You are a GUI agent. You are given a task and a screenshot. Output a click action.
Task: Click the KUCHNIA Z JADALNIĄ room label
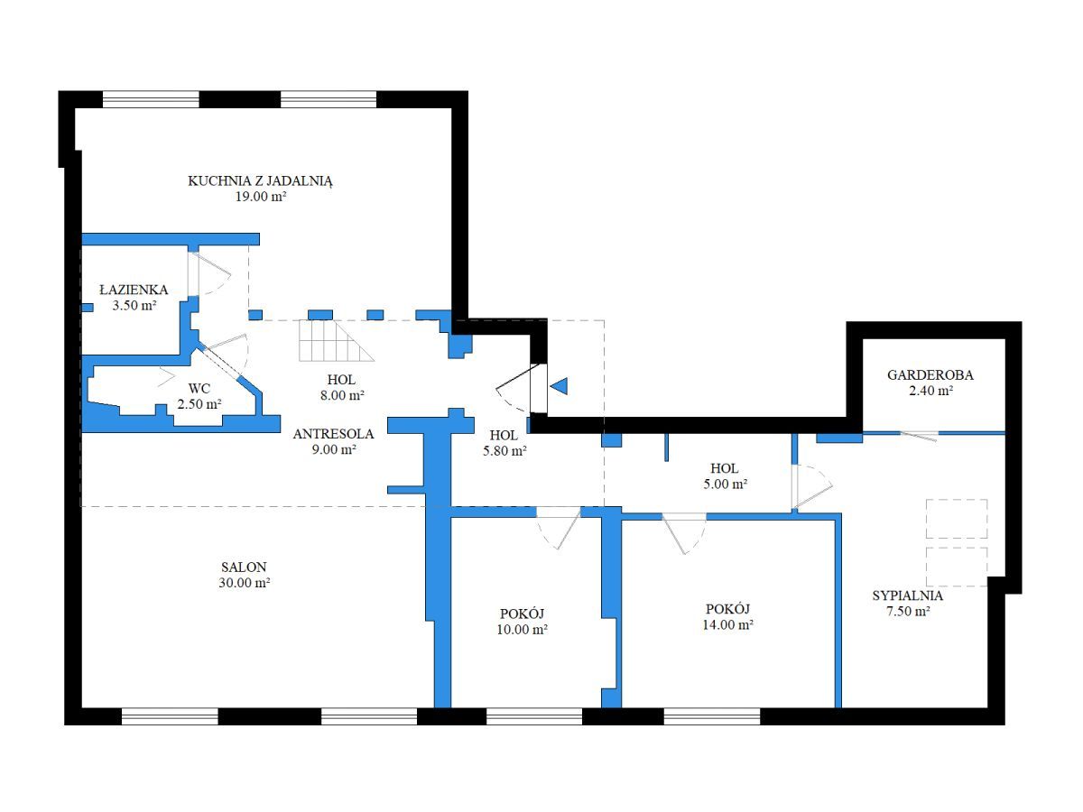pyautogui.click(x=260, y=181)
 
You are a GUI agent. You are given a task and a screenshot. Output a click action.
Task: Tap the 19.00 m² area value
pyautogui.click(x=261, y=197)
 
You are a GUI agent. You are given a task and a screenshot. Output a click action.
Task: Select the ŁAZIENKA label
pyautogui.click(x=134, y=290)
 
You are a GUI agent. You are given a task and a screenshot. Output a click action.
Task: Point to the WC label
pyautogui.click(x=199, y=389)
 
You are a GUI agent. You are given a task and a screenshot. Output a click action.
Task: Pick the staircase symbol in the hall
pyautogui.click(x=337, y=341)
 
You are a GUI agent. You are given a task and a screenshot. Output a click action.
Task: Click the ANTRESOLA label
pyautogui.click(x=334, y=434)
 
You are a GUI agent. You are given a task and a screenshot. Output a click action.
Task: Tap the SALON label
pyautogui.click(x=244, y=567)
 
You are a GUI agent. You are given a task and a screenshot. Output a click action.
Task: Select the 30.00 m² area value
pyautogui.click(x=245, y=583)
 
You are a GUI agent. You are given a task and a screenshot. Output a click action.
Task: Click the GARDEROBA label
pyautogui.click(x=930, y=375)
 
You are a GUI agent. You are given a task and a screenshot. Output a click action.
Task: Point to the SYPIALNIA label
pyautogui.click(x=907, y=595)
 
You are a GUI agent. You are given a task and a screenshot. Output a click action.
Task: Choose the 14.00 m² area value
pyautogui.click(x=727, y=624)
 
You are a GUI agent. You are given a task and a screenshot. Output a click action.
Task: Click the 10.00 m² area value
pyautogui.click(x=522, y=630)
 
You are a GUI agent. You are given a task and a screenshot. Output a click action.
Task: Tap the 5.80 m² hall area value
pyautogui.click(x=504, y=450)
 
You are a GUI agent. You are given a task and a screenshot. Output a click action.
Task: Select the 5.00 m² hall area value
pyautogui.click(x=726, y=484)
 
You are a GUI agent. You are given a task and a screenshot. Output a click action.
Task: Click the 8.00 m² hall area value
pyautogui.click(x=342, y=395)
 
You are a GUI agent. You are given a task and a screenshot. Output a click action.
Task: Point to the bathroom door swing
pyautogui.click(x=209, y=274)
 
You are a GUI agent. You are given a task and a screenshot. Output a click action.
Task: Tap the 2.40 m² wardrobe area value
pyautogui.click(x=930, y=391)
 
